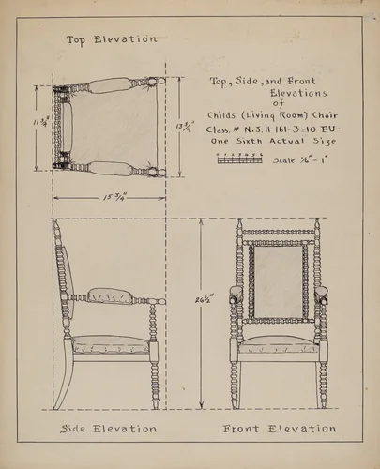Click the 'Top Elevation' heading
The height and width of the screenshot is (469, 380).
111,39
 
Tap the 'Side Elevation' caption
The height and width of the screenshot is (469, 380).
108,429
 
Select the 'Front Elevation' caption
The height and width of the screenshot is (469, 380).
279,429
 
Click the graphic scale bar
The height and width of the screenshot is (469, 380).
239,159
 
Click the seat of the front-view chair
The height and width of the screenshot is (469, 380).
279,345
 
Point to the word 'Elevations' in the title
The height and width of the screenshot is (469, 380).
298,94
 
